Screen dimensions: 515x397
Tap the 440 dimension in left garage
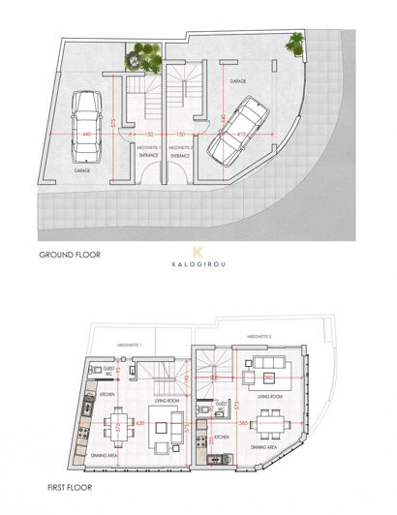[86, 134]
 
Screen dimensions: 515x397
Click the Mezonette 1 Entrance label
[148, 151]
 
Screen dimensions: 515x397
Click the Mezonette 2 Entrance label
[181, 151]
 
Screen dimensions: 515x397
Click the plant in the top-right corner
[293, 42]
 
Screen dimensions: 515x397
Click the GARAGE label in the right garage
[237, 83]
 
